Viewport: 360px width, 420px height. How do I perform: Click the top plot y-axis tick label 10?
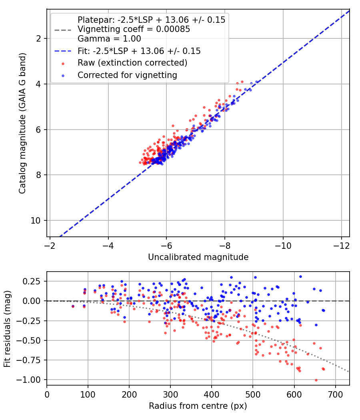[x=36, y=221]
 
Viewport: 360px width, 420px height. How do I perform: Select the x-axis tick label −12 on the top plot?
[x=341, y=246]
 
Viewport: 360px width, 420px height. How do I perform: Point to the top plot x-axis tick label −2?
[x=50, y=246]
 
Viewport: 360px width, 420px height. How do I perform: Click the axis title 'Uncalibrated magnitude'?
[x=198, y=257]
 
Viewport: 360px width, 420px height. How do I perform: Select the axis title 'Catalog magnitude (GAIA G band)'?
[x=22, y=123]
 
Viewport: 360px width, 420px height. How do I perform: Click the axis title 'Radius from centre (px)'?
[x=198, y=406]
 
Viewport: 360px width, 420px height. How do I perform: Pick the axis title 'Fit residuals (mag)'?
[x=8, y=329]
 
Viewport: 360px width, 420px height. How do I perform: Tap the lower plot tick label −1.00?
[x=28, y=380]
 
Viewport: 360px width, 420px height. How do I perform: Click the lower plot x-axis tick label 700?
[x=336, y=394]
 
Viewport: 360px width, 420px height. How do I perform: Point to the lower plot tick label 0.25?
[x=31, y=282]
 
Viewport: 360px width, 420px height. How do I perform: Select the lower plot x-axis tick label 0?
[x=47, y=394]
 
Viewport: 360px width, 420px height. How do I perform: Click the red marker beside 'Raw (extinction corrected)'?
[x=63, y=64]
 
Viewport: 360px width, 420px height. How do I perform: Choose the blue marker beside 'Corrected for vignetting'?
[x=63, y=76]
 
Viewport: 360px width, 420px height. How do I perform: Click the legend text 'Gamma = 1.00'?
[x=109, y=39]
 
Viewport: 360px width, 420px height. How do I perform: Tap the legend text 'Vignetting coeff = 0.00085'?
[x=134, y=29]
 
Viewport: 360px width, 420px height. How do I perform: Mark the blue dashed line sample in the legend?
[x=63, y=51]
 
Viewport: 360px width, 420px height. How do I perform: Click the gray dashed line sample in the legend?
[x=63, y=30]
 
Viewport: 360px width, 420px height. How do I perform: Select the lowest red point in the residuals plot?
[x=316, y=380]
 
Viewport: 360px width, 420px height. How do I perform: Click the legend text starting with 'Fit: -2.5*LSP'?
[x=139, y=51]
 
